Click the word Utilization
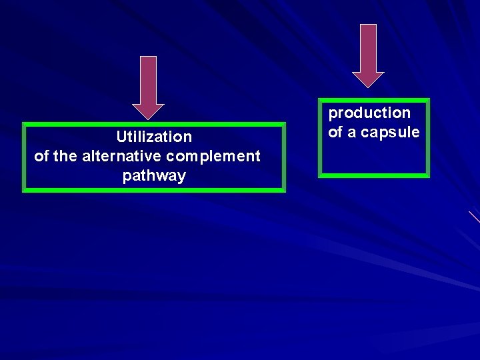[x=154, y=137]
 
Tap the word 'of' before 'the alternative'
[x=41, y=157]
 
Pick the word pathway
[x=154, y=177]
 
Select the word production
[x=369, y=113]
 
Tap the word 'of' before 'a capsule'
[x=335, y=133]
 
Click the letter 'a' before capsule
[x=352, y=133]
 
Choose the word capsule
[x=390, y=133]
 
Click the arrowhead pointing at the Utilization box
[x=148, y=112]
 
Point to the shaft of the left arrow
[x=148, y=80]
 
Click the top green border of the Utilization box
[x=154, y=124]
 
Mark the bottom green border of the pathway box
[x=154, y=190]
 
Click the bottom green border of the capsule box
[x=374, y=175]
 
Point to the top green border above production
[x=374, y=101]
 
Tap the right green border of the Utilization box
[x=283, y=157]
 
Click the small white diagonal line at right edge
[x=474, y=216]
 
